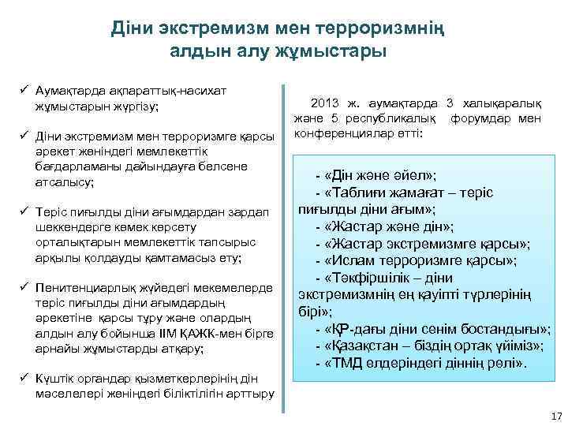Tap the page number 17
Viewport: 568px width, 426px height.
[x=555, y=416]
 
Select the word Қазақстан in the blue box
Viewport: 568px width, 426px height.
[x=366, y=346]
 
